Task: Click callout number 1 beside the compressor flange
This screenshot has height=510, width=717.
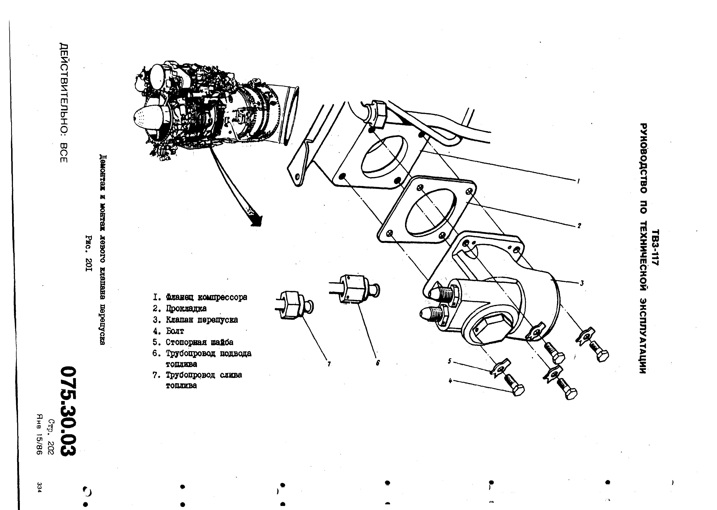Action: pos(578,181)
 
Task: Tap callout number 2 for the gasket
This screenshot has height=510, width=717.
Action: pos(579,226)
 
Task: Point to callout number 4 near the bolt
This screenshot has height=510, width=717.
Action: pos(450,381)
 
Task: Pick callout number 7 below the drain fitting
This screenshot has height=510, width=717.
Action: pos(329,364)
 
